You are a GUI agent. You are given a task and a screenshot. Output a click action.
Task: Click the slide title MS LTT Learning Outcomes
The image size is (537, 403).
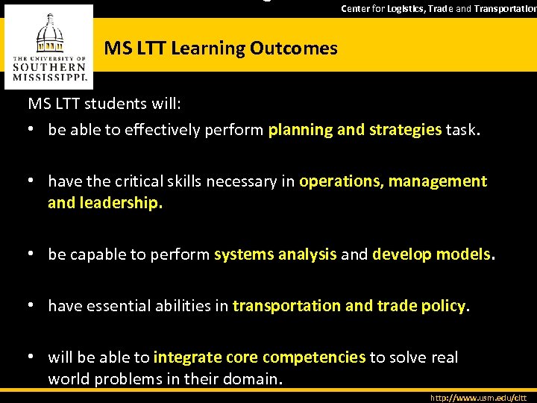221,49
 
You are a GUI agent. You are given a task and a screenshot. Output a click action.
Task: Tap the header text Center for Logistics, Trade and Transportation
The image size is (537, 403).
439,8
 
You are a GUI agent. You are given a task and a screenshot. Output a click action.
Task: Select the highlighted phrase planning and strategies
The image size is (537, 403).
355,130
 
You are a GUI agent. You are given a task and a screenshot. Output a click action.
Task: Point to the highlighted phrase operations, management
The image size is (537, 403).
393,181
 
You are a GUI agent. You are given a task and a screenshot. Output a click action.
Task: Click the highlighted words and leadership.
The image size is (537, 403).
105,203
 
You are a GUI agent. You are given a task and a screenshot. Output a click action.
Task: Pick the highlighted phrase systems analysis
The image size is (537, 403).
275,254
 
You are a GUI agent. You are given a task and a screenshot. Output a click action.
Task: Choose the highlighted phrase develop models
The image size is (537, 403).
432,254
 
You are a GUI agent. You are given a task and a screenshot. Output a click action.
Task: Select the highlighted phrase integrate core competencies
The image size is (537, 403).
260,357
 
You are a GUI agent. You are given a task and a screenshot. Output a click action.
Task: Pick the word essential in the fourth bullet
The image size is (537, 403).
142,306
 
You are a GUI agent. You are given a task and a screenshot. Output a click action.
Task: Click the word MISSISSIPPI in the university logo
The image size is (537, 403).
50,76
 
